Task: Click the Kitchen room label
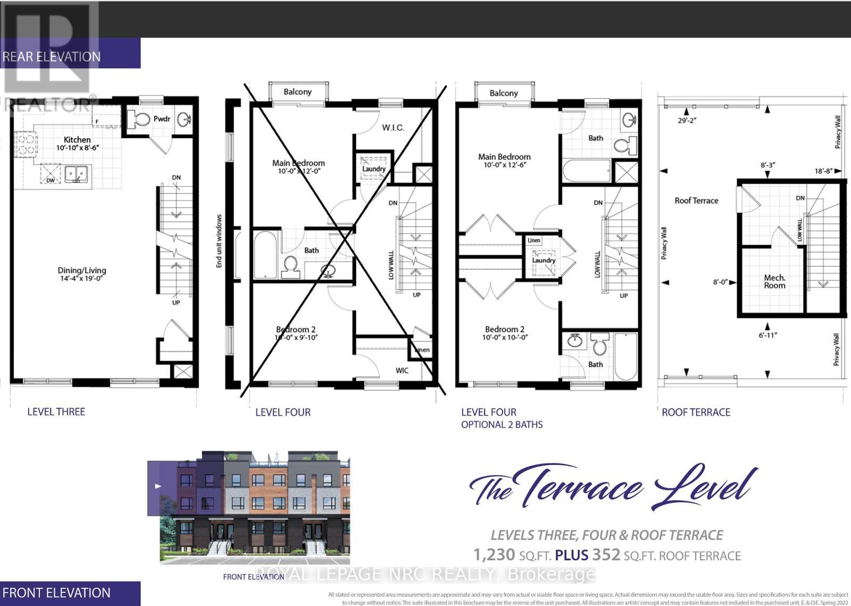[77, 139]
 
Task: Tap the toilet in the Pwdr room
[141, 119]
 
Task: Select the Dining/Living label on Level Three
[82, 270]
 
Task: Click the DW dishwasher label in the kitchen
[50, 180]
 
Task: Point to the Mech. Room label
[774, 281]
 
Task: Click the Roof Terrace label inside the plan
[696, 201]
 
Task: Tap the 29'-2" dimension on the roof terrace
[687, 120]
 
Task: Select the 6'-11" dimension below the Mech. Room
[768, 335]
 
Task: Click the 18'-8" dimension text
[824, 171]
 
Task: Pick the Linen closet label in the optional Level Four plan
[534, 240]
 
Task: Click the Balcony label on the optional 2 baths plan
[504, 93]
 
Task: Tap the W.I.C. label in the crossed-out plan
[393, 128]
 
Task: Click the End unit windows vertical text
[219, 241]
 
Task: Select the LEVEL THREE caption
[56, 412]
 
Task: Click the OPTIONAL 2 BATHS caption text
[502, 425]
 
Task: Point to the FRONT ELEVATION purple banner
[56, 593]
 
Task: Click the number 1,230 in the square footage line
[494, 555]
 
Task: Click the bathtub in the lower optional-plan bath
[626, 356]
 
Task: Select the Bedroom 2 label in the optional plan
[504, 329]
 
